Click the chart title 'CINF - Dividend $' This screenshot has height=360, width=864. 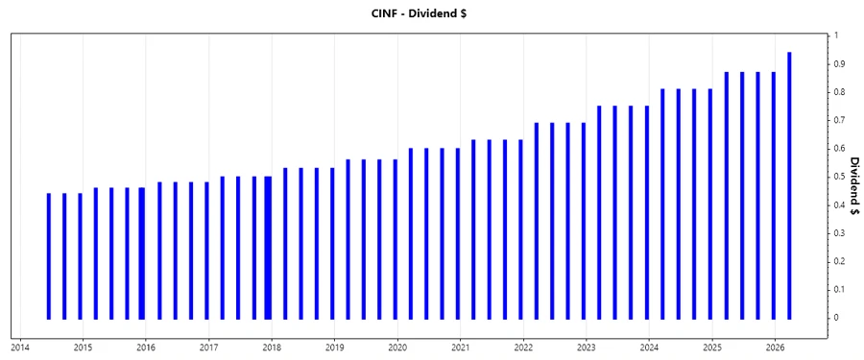point(431,12)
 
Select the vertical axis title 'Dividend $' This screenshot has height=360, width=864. point(853,185)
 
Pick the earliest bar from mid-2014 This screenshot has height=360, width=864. point(49,255)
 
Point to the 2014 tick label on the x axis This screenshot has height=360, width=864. point(19,347)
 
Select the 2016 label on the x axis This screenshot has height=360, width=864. point(145,347)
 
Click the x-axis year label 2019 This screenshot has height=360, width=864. point(334,347)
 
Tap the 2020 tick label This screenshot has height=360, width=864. point(397,347)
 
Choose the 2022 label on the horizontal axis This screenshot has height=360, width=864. point(523,347)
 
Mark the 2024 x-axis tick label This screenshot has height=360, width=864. point(649,347)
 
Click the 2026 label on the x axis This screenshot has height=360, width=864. point(776,347)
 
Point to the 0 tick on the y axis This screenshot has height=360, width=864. point(837,318)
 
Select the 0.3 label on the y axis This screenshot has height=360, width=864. point(840,233)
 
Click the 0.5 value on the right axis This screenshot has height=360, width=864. point(840,177)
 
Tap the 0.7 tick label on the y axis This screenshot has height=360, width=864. point(840,120)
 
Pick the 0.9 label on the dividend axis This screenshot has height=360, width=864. point(840,64)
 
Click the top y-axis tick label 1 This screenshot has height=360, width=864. point(837,36)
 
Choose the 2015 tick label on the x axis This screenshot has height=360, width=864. point(83,347)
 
